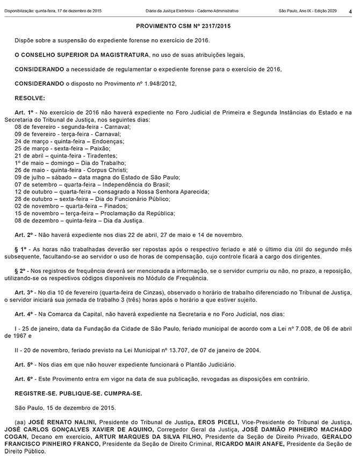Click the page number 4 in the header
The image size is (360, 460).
[x=351, y=11]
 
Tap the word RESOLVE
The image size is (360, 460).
[x=30, y=98]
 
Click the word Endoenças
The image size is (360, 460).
[x=106, y=140]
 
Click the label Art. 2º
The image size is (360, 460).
[x=25, y=235]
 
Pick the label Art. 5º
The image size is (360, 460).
[x=25, y=365]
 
